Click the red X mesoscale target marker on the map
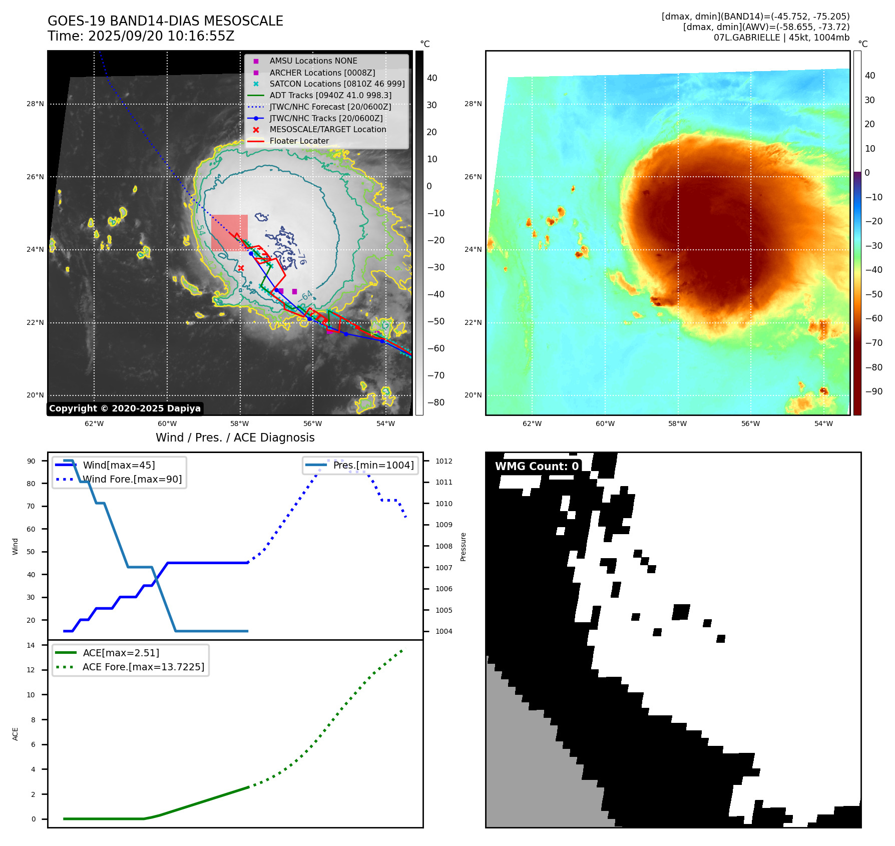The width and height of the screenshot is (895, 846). (x=241, y=268)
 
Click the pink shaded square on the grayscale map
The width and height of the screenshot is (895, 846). (x=229, y=232)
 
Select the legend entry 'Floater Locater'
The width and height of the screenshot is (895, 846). (x=299, y=141)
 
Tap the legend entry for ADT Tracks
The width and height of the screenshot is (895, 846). (x=330, y=95)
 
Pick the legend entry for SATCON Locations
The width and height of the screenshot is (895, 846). (x=337, y=84)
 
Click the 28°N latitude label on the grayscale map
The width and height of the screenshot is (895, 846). (x=36, y=104)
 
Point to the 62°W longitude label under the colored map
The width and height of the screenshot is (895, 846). (x=532, y=424)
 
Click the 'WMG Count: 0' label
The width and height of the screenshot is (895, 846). (x=537, y=467)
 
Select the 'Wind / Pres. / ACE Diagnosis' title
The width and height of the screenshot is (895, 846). (x=235, y=438)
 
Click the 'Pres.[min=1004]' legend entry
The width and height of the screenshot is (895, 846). (x=373, y=465)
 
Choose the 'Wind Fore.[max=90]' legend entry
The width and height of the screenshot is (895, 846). (x=132, y=479)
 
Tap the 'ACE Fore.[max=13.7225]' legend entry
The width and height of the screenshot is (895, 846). (x=143, y=667)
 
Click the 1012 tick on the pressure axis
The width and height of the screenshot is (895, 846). (x=443, y=461)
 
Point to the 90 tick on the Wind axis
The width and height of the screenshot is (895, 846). (x=31, y=461)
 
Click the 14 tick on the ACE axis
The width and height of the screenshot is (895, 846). (x=31, y=645)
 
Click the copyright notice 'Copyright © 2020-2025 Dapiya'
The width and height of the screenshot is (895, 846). (x=125, y=408)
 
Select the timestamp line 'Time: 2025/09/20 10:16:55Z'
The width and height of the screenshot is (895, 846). (x=141, y=36)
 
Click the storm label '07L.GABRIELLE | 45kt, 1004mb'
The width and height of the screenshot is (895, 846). (x=781, y=38)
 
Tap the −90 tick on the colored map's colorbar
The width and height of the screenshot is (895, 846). (x=874, y=391)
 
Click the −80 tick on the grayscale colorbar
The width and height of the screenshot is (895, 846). (x=435, y=402)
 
